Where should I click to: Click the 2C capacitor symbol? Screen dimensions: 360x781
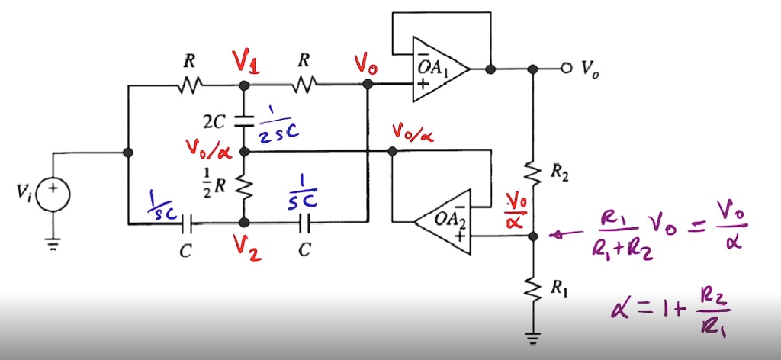(x=244, y=119)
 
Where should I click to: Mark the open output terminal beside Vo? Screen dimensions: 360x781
(x=565, y=69)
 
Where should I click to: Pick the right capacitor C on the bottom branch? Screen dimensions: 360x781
(x=304, y=223)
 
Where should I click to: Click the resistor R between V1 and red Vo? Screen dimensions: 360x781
(x=305, y=84)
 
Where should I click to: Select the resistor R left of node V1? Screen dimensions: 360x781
(x=188, y=84)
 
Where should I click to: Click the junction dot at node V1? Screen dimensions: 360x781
(x=244, y=85)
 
